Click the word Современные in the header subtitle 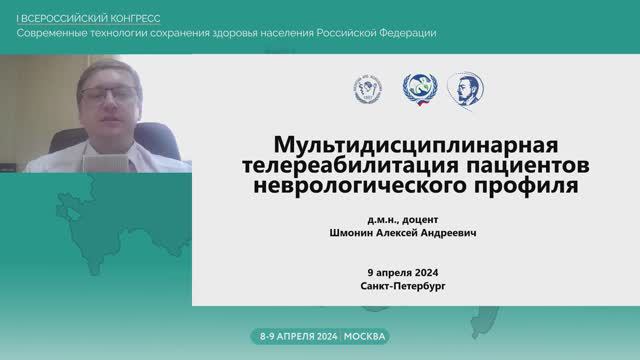pyautogui.click(x=56, y=33)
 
